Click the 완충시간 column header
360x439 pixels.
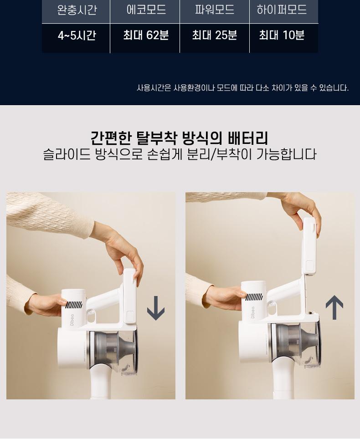tap(77, 10)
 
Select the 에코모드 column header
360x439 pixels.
tap(146, 10)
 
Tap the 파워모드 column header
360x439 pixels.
tap(215, 10)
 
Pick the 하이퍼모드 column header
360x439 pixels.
tap(282, 10)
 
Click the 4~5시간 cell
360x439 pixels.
tap(77, 36)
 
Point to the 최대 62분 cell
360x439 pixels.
tap(146, 35)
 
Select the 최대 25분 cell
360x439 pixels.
tap(215, 35)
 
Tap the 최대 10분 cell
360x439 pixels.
tap(282, 35)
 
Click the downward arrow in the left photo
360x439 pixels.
tap(156, 308)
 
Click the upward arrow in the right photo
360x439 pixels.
tap(334, 307)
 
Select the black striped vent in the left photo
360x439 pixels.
tap(74, 305)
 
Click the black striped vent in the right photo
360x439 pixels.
tap(254, 297)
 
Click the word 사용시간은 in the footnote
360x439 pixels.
tap(154, 88)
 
